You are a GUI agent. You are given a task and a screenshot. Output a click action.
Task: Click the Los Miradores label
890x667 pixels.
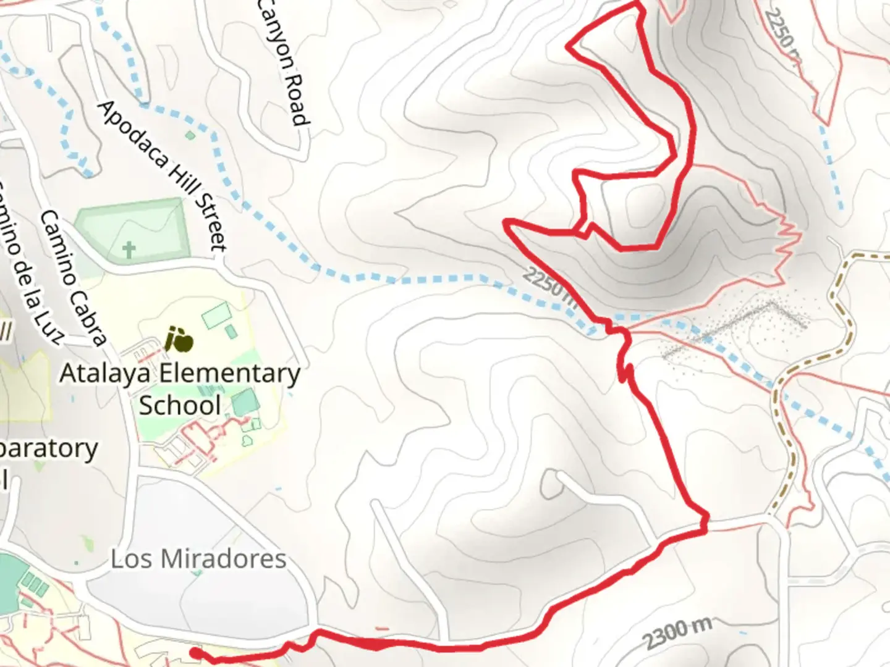point(198,559)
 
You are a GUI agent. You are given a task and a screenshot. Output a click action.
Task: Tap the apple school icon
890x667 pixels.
point(179,340)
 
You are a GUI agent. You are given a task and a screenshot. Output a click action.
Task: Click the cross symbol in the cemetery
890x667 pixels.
point(129,250)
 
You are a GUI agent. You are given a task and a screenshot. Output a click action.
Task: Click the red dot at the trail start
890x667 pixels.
point(195,652)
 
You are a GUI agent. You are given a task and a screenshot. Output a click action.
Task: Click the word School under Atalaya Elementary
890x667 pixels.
point(180,406)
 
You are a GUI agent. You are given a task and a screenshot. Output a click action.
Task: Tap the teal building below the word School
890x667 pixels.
point(246,402)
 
